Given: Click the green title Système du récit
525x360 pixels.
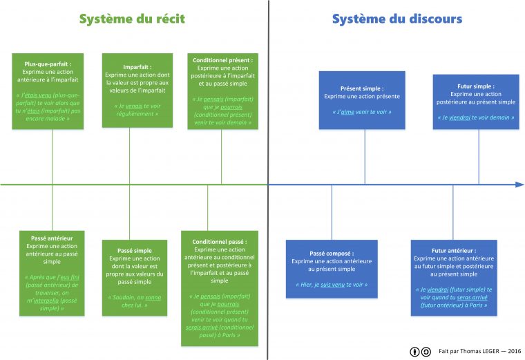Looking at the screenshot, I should [x=132, y=19].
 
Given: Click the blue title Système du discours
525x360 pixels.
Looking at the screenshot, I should [x=397, y=19].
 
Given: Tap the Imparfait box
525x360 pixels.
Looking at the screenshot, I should [x=137, y=91].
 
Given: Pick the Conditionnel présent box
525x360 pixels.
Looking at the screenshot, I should [x=222, y=91].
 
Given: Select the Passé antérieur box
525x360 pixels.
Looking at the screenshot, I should [x=52, y=273].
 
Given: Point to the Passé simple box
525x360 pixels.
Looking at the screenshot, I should [x=136, y=278].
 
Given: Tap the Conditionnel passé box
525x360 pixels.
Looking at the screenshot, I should [x=220, y=287].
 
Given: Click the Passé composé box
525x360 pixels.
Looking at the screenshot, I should [x=332, y=269].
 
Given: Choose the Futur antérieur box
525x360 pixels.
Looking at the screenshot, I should [x=454, y=277].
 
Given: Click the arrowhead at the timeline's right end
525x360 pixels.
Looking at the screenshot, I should [x=519, y=184].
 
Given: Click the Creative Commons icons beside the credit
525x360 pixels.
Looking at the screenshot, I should [x=420, y=352].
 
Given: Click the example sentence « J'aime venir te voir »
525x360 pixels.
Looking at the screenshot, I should [x=362, y=112].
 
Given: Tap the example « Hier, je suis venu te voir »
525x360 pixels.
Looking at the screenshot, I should [x=332, y=285].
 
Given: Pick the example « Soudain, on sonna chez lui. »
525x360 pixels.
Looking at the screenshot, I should [x=136, y=301].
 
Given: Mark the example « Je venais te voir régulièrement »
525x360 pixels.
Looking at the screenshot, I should [x=137, y=109].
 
